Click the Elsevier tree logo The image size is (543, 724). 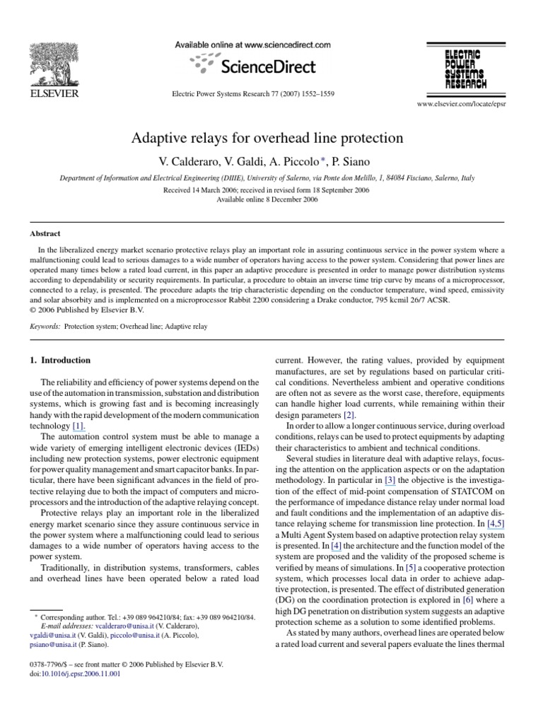(x=53, y=65)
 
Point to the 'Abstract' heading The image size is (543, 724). (x=45, y=233)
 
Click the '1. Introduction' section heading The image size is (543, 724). (x=65, y=360)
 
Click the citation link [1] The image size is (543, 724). (x=99, y=426)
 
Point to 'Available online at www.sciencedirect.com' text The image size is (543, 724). (x=252, y=45)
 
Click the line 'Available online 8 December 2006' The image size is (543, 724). (x=267, y=199)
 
